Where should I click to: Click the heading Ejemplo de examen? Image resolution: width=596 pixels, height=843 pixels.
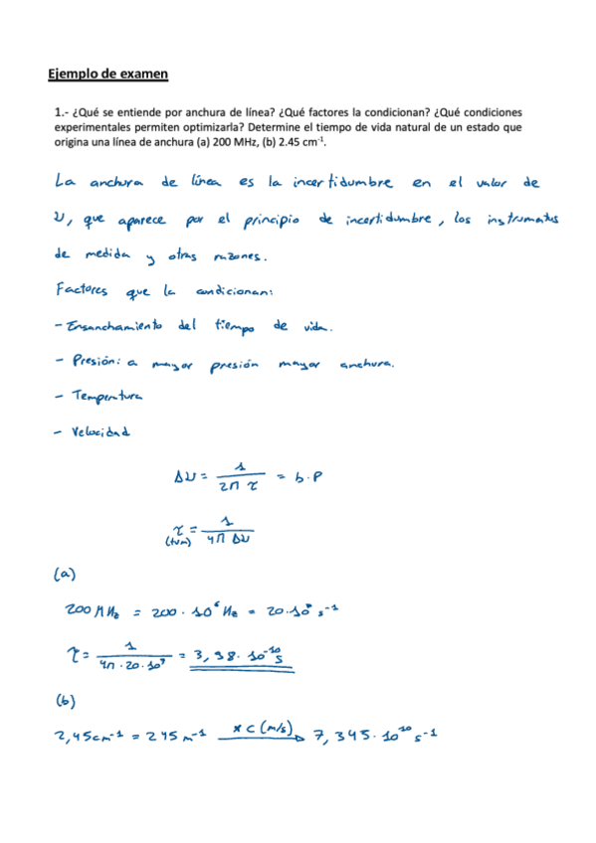(x=108, y=74)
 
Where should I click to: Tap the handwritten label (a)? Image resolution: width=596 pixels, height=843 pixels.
(x=61, y=574)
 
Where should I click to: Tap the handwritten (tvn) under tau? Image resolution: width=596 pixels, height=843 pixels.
(x=178, y=542)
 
